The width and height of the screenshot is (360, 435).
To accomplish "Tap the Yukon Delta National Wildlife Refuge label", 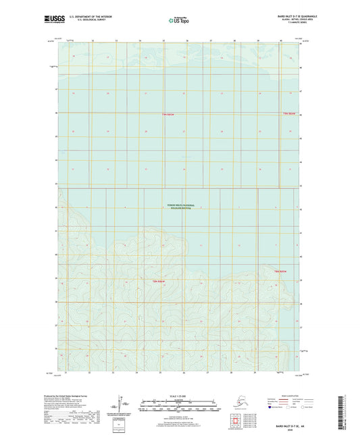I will [x=180, y=206].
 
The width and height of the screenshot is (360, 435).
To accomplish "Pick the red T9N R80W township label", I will [x=288, y=113].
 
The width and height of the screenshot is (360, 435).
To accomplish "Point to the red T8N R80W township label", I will [x=280, y=271].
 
